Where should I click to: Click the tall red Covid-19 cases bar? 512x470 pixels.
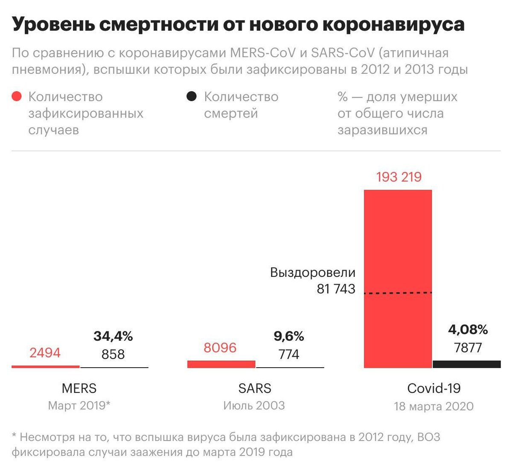pos(398,239)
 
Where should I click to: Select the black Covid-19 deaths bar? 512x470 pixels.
pos(467,364)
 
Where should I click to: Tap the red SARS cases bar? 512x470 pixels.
pos(221,364)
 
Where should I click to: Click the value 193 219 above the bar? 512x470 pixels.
pos(399,177)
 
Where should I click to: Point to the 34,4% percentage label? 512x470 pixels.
pos(113,336)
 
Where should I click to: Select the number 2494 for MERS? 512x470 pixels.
pos(45,353)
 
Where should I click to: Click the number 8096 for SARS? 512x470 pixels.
pos(220,348)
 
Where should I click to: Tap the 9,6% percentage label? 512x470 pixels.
pos(289,336)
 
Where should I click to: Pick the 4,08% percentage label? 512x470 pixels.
pos(468,329)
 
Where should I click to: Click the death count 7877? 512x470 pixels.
pos(468,348)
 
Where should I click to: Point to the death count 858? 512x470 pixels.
pos(113,354)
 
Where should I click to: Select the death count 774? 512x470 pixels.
pos(289,354)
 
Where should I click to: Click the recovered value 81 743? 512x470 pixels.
pos(336,289)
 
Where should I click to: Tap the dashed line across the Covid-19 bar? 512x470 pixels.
pos(398,293)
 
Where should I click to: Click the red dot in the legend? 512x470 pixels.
pos(17,96)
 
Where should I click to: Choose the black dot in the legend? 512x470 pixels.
pos(192,96)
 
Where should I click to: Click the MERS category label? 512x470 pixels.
pos(79,388)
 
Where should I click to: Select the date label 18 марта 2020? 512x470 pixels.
pos(433,406)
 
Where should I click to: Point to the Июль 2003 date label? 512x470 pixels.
pos(254,405)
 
